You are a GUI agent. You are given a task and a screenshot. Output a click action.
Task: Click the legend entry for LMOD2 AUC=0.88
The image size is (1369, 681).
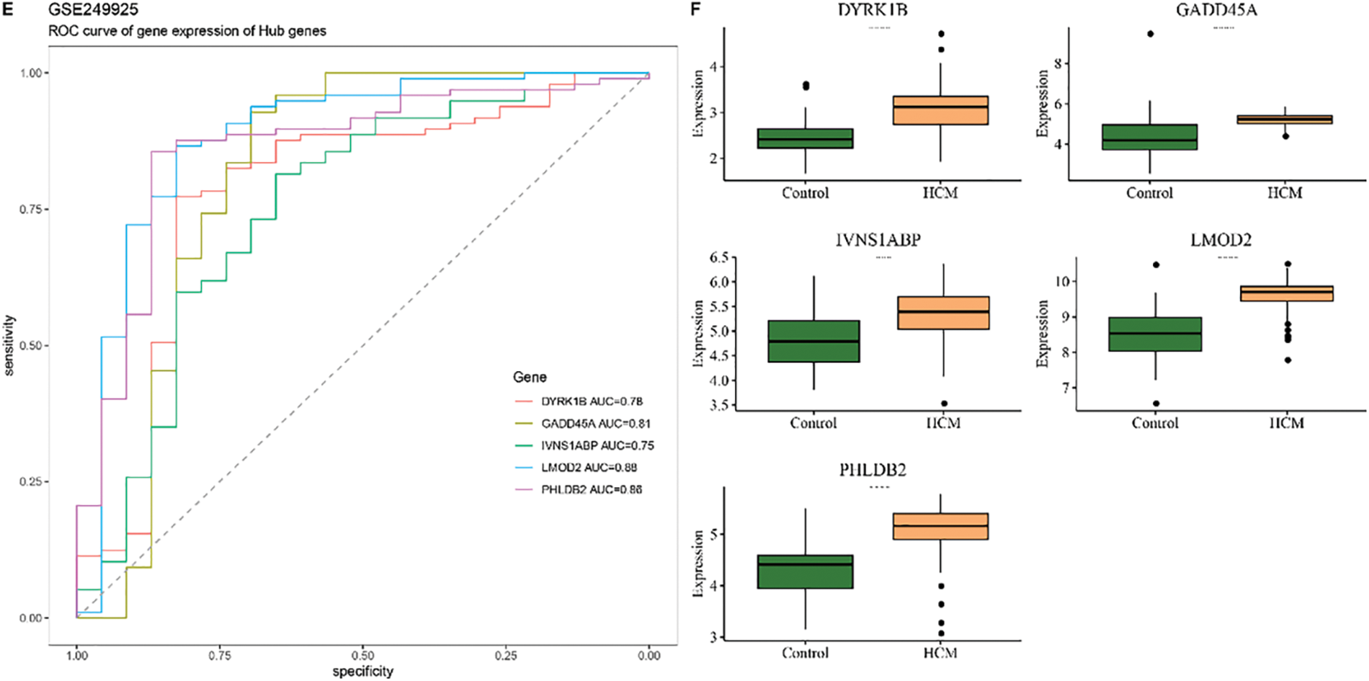click(589, 468)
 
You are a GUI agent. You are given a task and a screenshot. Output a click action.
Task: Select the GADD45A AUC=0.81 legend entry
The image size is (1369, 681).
click(596, 424)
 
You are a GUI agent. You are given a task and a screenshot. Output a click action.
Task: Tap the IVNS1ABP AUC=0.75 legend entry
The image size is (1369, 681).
click(597, 445)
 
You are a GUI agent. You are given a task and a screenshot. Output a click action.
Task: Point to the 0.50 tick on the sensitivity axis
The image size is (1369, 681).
click(30, 346)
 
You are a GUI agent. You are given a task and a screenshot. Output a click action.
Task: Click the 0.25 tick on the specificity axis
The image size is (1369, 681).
click(506, 655)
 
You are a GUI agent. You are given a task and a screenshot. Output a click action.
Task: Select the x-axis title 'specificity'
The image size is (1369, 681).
click(362, 671)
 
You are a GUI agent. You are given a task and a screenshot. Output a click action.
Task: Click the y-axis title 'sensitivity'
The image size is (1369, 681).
click(9, 345)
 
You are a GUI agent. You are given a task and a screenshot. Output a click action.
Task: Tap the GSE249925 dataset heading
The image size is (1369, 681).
click(84, 10)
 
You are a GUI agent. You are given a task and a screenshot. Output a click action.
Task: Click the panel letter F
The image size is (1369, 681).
click(695, 9)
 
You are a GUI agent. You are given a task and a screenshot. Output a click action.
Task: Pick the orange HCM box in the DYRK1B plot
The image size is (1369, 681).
click(940, 110)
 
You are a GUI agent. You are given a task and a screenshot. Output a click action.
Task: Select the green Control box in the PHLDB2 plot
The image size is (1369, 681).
click(805, 571)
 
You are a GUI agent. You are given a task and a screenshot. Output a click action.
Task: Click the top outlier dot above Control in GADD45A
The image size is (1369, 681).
click(1151, 34)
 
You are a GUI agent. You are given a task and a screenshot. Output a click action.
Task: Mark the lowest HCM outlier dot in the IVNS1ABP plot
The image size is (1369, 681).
click(944, 404)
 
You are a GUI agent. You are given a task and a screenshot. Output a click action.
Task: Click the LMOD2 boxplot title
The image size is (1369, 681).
click(1221, 240)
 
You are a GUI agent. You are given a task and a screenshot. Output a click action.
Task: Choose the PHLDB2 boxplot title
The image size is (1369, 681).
click(872, 471)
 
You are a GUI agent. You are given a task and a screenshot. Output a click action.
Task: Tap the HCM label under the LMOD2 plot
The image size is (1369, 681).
click(1286, 423)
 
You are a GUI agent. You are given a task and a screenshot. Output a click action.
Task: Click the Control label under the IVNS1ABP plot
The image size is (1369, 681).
click(813, 423)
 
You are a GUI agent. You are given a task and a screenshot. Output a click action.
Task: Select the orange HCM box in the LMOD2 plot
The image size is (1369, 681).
click(1286, 293)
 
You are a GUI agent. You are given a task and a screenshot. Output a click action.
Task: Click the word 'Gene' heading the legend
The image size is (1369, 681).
click(530, 377)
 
